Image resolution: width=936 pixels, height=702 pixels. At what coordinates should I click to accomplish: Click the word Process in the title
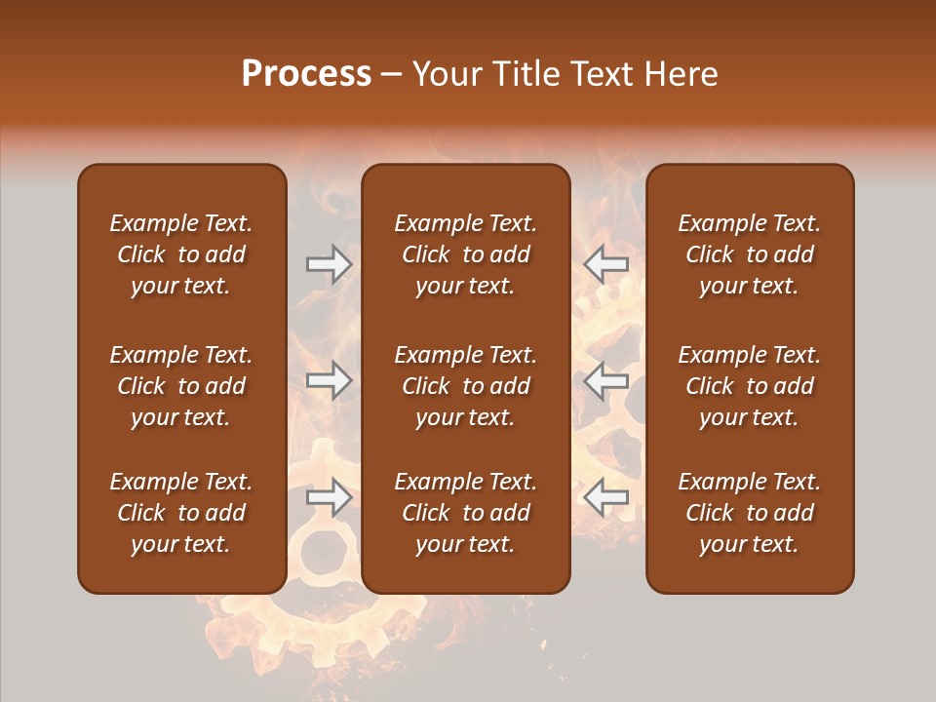point(306,74)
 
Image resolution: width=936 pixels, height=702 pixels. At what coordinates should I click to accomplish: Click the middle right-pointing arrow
point(329,381)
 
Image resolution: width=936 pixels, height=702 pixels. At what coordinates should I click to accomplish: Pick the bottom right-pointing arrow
point(329,498)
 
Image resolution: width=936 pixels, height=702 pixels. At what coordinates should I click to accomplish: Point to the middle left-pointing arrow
point(606,381)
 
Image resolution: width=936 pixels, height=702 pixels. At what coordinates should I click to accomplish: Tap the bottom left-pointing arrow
point(606,498)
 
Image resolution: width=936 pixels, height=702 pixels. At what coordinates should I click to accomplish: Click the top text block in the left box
point(181,254)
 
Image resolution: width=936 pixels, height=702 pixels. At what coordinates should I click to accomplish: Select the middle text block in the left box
point(181,386)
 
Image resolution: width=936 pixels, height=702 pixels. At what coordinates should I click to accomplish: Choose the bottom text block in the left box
point(181,513)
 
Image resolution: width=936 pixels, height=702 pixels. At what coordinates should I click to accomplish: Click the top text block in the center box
point(466,254)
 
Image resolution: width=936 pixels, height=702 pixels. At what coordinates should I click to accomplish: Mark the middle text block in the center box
point(466,386)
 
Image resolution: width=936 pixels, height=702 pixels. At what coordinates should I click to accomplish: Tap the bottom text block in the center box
point(466,513)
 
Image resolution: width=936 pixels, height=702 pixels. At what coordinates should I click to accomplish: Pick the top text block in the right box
point(750,254)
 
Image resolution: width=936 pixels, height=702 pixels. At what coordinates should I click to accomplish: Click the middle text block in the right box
point(750,386)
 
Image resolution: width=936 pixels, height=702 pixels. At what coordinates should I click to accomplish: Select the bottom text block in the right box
point(750,513)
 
